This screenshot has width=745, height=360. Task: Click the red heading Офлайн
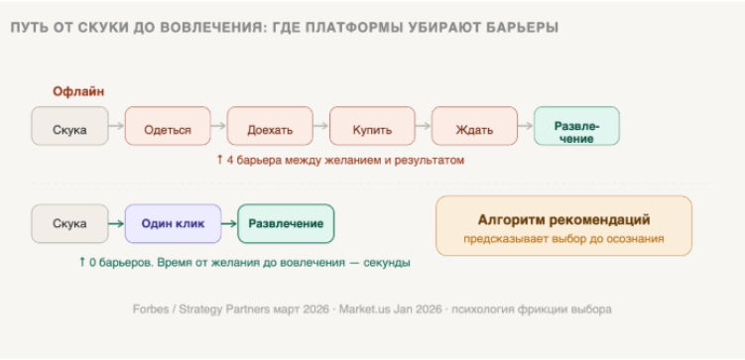click(78, 91)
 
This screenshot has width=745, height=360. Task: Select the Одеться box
click(168, 126)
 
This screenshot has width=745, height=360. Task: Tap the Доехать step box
click(270, 126)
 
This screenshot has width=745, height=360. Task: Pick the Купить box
click(372, 126)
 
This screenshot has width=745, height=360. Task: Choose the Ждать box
click(474, 126)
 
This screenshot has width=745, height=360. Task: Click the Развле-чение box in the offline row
click(576, 126)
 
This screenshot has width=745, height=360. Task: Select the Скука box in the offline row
click(69, 126)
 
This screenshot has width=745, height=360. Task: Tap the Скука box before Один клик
click(69, 224)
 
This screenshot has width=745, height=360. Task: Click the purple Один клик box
click(173, 224)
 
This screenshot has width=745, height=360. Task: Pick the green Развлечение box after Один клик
click(286, 224)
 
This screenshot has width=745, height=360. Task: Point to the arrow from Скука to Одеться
click(116, 126)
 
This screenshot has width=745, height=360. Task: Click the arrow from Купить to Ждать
click(424, 126)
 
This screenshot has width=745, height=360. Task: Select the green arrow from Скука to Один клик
click(116, 224)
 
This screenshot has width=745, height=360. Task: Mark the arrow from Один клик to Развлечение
click(229, 224)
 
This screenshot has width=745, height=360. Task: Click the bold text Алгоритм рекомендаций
click(564, 220)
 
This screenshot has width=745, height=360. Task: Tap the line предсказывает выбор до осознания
click(564, 239)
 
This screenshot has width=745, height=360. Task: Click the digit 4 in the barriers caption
click(229, 160)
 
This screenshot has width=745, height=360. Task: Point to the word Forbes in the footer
click(150, 309)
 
